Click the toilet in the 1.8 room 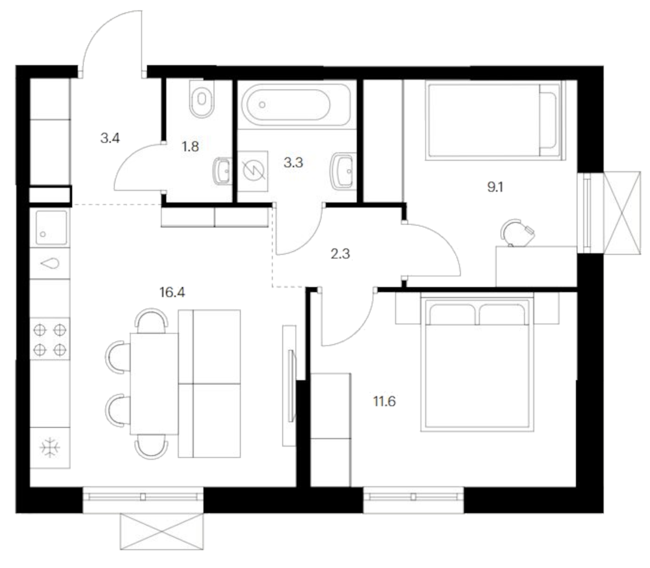coord(201,98)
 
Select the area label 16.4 coord(172,292)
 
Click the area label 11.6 coord(384,401)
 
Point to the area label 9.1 coord(495,187)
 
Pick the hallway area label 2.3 coord(340,254)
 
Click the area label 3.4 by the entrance coord(110,138)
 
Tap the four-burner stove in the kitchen coord(49,339)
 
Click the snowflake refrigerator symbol coord(50,448)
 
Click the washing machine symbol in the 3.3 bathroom coord(253,171)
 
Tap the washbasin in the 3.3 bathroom coord(343,171)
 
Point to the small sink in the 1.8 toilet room coord(222,171)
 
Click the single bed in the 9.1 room coord(495,120)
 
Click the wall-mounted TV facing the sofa coord(291,386)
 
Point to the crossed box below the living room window coord(161,531)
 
